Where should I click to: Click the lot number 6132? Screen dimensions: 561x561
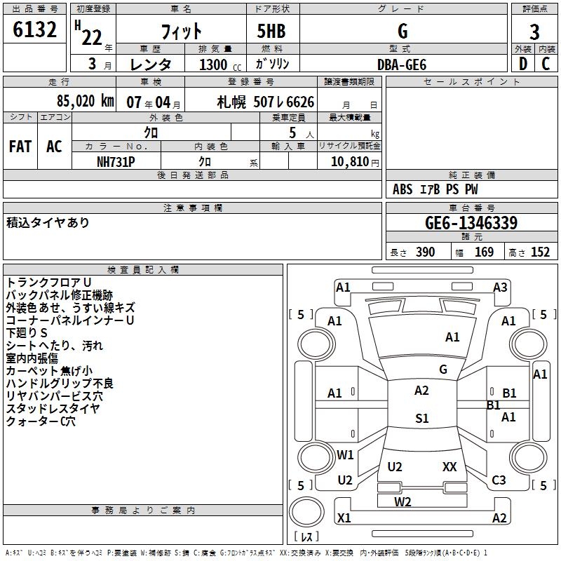[x=35, y=31]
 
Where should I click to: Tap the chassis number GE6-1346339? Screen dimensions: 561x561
[x=471, y=223]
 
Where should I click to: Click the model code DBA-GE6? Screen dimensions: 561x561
[x=402, y=64]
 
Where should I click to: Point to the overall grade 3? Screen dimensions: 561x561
[x=534, y=32]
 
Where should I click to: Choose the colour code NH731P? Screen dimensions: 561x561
[x=116, y=161]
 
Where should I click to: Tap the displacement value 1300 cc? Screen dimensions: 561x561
[x=217, y=65]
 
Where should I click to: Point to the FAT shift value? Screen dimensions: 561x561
[x=20, y=147]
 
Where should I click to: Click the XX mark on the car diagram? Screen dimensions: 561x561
[x=450, y=467]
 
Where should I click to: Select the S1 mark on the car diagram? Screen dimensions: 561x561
[x=421, y=419]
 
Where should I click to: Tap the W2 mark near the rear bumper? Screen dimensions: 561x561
[x=403, y=501]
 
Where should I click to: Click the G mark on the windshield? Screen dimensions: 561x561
[x=443, y=370]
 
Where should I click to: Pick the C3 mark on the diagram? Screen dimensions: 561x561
[x=499, y=480]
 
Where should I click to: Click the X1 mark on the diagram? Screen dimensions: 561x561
[x=344, y=518]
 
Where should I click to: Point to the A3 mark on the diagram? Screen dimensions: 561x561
[x=500, y=288]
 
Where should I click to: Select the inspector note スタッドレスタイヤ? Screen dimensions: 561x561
[x=53, y=409]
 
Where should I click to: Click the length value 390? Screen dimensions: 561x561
[x=425, y=252]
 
